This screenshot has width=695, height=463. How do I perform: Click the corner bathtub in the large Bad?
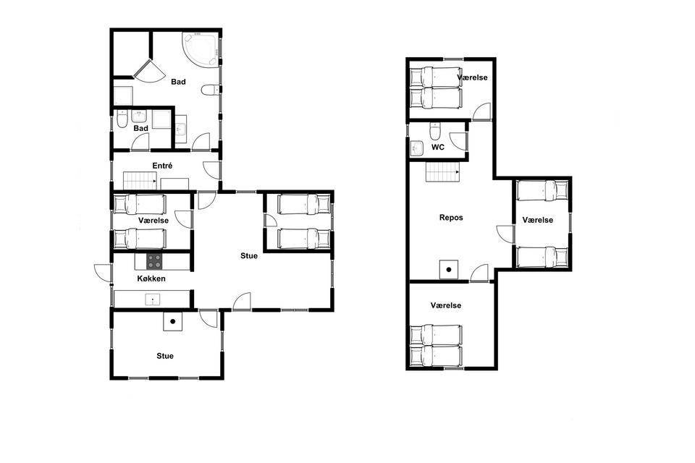201,50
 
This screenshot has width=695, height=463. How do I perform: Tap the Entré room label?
162,166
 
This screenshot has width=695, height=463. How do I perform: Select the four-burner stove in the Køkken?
155,261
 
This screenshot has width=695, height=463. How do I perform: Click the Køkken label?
151,279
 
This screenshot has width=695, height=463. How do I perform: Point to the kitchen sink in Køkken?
153,300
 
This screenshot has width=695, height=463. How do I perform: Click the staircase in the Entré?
139,181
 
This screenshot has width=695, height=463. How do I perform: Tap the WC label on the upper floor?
437,147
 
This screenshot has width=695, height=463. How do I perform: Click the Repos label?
451,218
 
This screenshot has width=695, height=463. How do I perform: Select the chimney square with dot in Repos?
449,269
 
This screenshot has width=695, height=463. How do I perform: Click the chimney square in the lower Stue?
172,321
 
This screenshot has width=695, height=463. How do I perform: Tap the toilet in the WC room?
435,131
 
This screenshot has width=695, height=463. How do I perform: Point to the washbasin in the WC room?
417,148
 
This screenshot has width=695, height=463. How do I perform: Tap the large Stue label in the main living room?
249,255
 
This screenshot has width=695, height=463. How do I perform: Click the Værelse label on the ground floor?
153,220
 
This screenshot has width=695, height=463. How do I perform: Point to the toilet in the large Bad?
210,90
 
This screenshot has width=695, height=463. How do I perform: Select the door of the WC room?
460,141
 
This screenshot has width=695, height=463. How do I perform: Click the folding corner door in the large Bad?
149,71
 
